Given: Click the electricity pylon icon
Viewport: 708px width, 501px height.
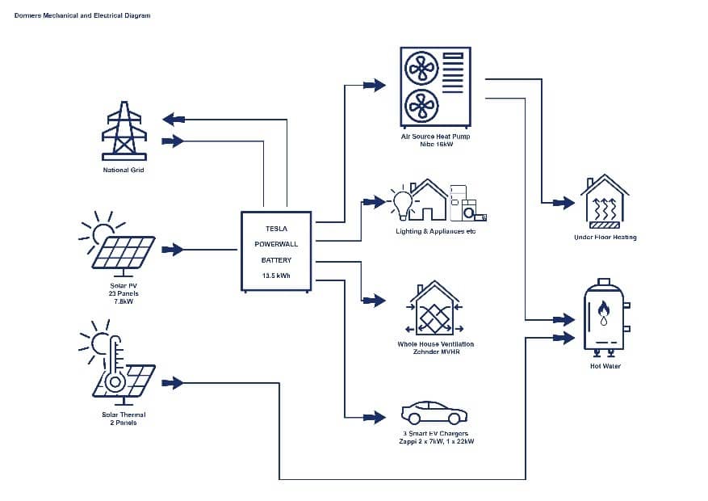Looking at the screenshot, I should (x=124, y=131).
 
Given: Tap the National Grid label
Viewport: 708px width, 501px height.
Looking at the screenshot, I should (x=124, y=171).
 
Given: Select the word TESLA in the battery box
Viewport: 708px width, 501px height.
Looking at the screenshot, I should (x=276, y=229).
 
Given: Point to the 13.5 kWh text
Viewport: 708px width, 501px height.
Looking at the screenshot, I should (x=276, y=276).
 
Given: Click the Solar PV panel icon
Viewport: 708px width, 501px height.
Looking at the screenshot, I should (x=124, y=251).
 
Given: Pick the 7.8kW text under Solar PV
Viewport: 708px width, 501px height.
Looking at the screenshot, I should (x=124, y=301).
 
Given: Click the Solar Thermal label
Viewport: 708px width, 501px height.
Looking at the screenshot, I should (x=124, y=415).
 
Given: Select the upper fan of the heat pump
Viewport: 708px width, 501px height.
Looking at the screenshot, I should (x=420, y=69).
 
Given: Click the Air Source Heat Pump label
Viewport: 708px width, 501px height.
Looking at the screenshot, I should (x=435, y=137).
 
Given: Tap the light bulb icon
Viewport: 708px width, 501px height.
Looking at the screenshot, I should (x=401, y=201).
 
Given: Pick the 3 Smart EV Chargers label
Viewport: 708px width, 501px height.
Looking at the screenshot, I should (x=435, y=434).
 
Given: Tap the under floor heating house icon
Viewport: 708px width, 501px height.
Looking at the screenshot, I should (x=605, y=200).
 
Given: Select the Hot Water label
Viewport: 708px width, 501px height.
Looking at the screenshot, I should (x=605, y=366).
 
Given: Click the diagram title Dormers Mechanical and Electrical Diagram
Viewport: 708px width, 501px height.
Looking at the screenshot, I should (x=82, y=15).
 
